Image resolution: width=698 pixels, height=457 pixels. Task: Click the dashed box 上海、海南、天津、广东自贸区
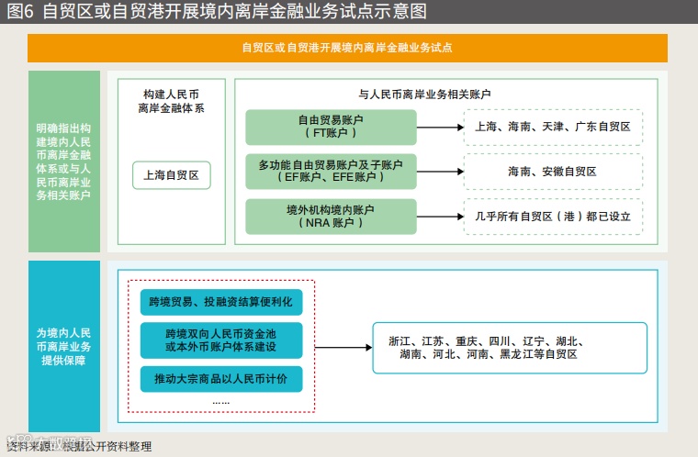pyautogui.click(x=552, y=127)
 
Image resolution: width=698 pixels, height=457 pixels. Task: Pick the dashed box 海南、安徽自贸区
pyautogui.click(x=552, y=172)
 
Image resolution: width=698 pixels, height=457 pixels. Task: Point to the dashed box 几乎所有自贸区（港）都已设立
pyautogui.click(x=552, y=217)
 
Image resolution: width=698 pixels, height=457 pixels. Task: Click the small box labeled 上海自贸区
pyautogui.click(x=172, y=173)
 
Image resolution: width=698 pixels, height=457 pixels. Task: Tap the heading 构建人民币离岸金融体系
pyautogui.click(x=172, y=101)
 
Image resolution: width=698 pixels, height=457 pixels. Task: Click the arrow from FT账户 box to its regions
pyautogui.click(x=438, y=127)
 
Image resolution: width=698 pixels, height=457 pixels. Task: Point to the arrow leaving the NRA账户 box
pyautogui.click(x=438, y=217)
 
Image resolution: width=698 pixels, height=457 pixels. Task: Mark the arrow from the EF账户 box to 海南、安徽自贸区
pyautogui.click(x=438, y=172)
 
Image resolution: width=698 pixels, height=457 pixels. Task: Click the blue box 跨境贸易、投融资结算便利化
pyautogui.click(x=220, y=300)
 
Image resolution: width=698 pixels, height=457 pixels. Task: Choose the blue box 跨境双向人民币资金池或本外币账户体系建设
pyautogui.click(x=220, y=340)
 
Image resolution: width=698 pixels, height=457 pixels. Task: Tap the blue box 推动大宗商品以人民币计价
pyautogui.click(x=220, y=379)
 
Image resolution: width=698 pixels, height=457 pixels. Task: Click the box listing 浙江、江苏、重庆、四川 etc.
pyautogui.click(x=509, y=347)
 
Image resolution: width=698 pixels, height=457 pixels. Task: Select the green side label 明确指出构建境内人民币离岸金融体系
pyautogui.click(x=63, y=162)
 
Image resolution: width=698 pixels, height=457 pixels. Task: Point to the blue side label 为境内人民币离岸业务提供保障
pyautogui.click(x=63, y=346)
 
